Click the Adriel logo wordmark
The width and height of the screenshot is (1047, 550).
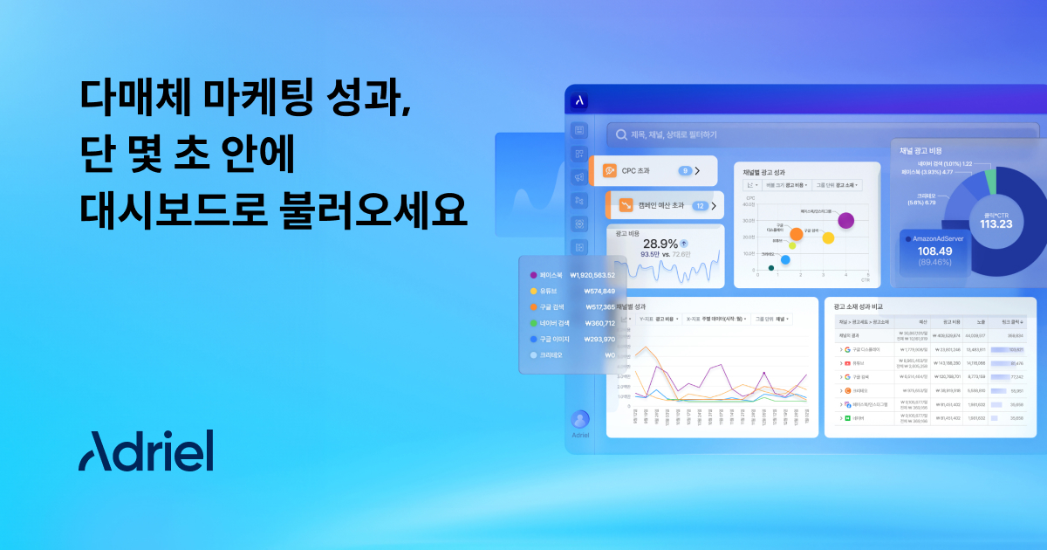tap(146, 450)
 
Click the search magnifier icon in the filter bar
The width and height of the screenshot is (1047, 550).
tap(621, 134)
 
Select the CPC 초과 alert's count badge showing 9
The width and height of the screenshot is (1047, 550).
tap(685, 171)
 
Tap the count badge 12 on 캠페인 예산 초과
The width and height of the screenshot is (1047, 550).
tap(700, 206)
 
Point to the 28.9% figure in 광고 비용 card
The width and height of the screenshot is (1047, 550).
tap(660, 244)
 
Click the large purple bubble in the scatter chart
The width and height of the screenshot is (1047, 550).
tap(845, 220)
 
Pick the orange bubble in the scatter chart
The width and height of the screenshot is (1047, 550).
tap(796, 234)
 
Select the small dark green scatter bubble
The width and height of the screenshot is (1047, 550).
tap(770, 268)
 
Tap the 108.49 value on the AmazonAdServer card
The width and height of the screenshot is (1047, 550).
tap(934, 251)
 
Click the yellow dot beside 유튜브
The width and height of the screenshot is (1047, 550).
tap(533, 291)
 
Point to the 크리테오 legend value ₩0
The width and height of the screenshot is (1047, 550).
tap(609, 355)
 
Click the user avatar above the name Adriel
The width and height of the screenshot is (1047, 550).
tap(580, 419)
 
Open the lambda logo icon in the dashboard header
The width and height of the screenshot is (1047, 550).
tap(578, 100)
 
